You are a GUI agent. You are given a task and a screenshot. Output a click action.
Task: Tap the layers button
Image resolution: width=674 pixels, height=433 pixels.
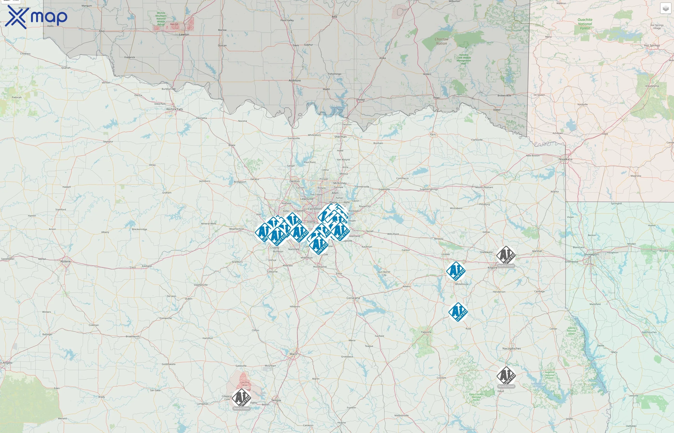[665, 8]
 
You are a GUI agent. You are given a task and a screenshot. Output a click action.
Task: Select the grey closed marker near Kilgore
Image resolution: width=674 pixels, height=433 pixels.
[506, 255]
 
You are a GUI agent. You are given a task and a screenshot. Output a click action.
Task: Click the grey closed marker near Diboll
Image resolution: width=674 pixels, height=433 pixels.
[506, 376]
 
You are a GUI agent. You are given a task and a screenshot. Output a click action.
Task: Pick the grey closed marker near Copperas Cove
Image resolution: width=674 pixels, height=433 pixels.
[241, 398]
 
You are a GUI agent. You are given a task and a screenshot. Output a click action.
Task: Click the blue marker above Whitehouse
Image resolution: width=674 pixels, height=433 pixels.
[456, 271]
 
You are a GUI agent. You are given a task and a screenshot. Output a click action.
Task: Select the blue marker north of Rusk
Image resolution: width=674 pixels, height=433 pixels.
[458, 312]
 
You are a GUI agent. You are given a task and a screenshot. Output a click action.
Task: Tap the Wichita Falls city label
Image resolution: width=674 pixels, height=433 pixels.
[175, 109]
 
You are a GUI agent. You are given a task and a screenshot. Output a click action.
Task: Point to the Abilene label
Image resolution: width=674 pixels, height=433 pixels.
[65, 261]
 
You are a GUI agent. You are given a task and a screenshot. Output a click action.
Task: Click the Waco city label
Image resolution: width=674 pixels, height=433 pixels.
[293, 354]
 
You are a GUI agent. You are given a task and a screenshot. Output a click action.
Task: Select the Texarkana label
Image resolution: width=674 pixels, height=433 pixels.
[565, 159]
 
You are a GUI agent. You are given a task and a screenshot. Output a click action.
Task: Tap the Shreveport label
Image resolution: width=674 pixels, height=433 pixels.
[591, 255]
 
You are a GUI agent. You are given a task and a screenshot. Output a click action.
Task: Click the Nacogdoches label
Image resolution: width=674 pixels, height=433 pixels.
[512, 348]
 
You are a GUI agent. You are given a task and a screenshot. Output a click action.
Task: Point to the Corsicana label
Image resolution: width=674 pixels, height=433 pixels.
[353, 298]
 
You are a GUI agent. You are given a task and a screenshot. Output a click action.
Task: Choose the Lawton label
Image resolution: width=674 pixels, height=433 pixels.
[184, 35]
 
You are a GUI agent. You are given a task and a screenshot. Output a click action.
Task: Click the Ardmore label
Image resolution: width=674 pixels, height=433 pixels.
[295, 80]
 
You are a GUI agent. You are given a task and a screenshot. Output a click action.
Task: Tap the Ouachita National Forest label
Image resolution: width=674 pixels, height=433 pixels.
[585, 24]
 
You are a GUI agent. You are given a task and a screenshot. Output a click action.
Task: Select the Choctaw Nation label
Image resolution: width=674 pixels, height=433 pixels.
[441, 41]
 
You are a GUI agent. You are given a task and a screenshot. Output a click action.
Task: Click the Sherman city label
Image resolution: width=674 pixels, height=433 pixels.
[340, 137]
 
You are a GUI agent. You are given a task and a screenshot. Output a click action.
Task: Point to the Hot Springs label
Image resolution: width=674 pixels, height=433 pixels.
[652, 45]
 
